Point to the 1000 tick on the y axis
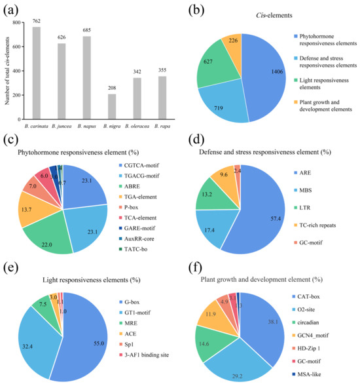(x=21, y=22)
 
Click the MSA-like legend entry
(x=317, y=375)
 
